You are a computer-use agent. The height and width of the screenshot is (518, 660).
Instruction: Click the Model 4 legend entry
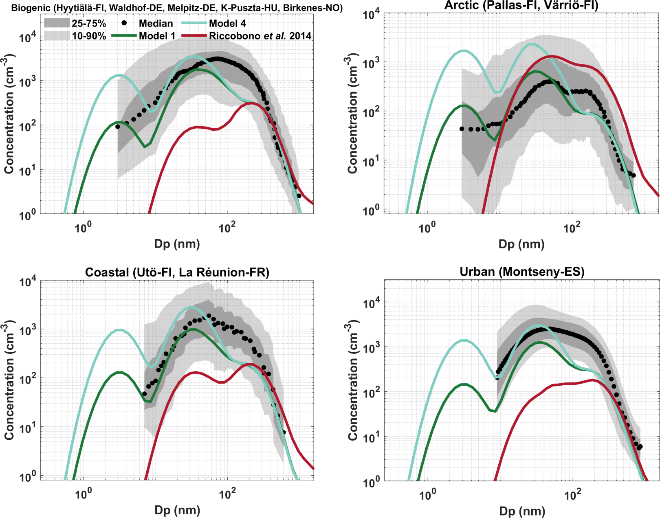click(x=227, y=23)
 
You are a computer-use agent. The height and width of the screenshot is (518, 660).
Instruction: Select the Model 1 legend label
click(x=157, y=36)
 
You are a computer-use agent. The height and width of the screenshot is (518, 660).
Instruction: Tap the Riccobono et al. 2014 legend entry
click(x=260, y=36)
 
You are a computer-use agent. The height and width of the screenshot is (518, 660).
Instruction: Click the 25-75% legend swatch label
click(x=89, y=23)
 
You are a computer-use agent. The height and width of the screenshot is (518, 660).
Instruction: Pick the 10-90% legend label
click(x=89, y=36)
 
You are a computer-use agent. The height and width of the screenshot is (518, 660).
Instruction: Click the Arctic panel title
click(x=521, y=5)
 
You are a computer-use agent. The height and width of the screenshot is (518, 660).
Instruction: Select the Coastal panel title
click(x=177, y=272)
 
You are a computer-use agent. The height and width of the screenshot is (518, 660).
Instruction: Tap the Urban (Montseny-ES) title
click(x=522, y=272)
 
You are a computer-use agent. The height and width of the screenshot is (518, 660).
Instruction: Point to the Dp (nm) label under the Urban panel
click(x=522, y=511)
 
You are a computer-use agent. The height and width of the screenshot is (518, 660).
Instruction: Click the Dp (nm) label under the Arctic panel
click(x=521, y=244)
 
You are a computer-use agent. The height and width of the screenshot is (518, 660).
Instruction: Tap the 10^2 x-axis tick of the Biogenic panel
click(x=227, y=227)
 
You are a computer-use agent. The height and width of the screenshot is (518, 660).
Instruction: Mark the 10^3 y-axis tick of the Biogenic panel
click(x=28, y=82)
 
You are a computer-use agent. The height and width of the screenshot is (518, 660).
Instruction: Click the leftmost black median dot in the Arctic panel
click(x=462, y=129)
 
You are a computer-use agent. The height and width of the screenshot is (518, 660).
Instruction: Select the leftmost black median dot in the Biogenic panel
click(x=118, y=127)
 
